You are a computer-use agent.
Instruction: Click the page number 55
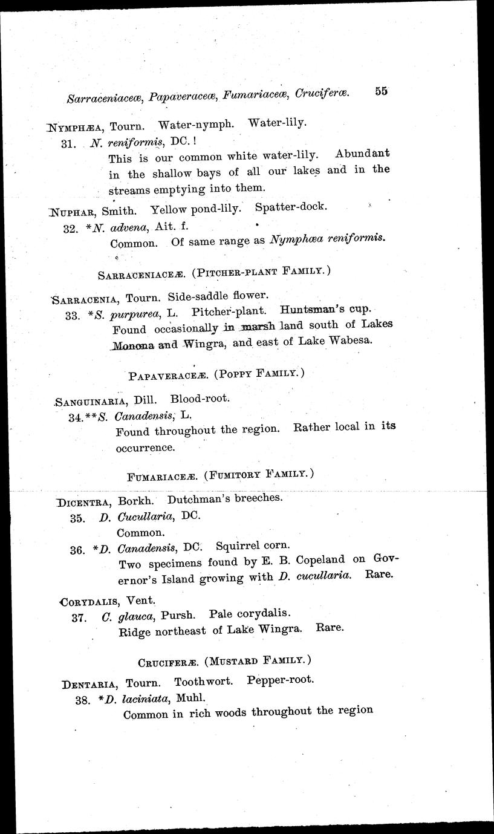(380, 91)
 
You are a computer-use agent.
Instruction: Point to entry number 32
(71, 229)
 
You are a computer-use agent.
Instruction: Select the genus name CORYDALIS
(91, 601)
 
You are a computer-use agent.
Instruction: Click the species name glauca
(130, 616)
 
